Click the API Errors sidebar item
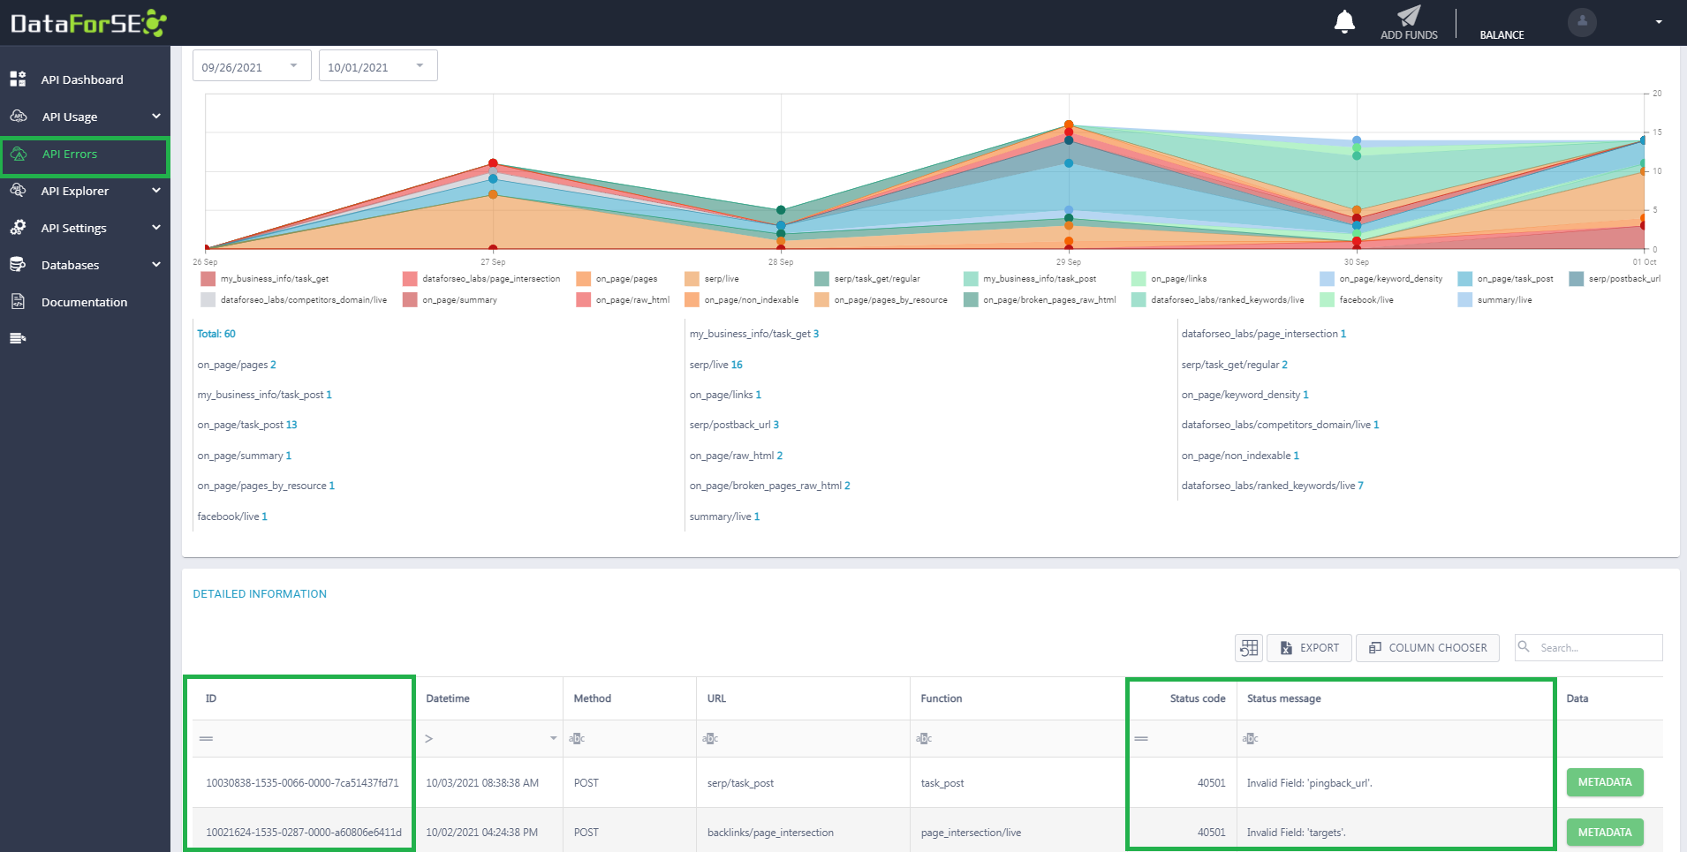pos(85,155)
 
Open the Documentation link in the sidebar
pos(84,302)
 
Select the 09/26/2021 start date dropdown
pos(252,66)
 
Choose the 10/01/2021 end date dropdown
pos(378,66)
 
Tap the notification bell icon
pos(1344,21)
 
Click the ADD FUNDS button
pos(1409,23)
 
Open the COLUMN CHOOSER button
pos(1427,648)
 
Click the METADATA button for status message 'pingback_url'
pos(1605,782)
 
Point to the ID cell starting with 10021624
pos(303,833)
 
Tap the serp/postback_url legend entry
pos(1615,279)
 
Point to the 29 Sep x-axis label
pos(1068,262)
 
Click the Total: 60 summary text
pos(216,334)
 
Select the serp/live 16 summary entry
pos(716,365)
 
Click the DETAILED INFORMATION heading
pos(260,594)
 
